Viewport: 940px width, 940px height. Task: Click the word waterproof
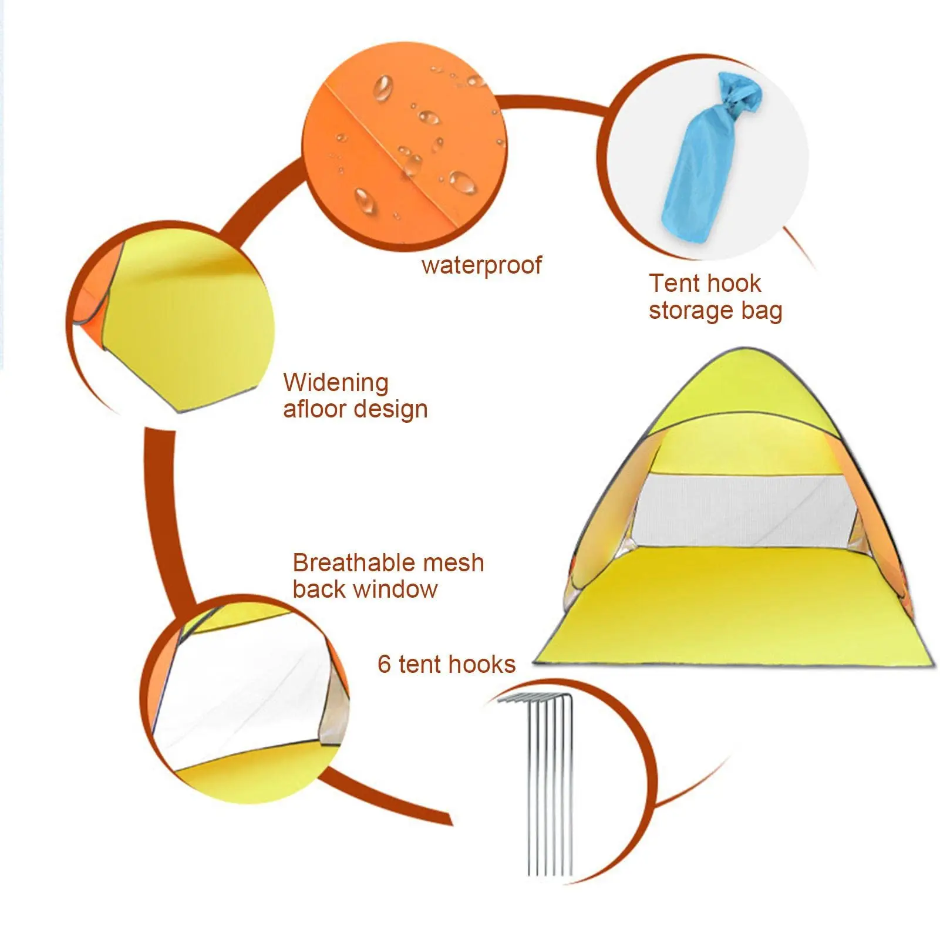coord(481,265)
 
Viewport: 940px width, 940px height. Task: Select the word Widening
coord(336,383)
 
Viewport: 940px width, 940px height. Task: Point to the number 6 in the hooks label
coord(384,665)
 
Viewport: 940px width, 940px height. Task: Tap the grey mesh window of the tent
coord(746,511)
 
